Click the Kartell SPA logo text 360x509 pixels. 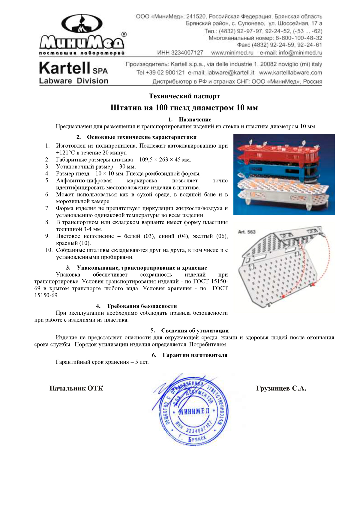click(x=73, y=69)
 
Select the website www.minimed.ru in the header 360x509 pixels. click(x=232, y=53)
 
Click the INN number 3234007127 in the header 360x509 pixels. click(x=180, y=53)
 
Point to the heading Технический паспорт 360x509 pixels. click(x=184, y=96)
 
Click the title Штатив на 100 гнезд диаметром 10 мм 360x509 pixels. click(x=184, y=108)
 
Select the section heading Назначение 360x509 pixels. click(x=195, y=120)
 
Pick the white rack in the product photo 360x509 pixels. click(x=285, y=192)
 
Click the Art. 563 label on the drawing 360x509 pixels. click(x=247, y=232)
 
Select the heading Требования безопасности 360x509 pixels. click(x=142, y=306)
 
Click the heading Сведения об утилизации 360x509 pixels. click(x=195, y=331)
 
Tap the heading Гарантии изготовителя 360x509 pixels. click(x=195, y=355)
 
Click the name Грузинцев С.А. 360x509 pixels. click(x=281, y=388)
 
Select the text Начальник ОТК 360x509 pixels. click(x=76, y=388)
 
